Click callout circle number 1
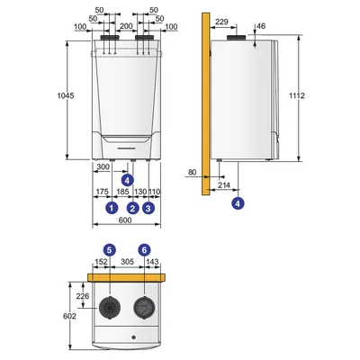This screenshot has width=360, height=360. (x=112, y=208)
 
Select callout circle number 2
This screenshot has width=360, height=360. (x=133, y=208)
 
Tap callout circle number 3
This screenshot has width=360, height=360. (x=148, y=208)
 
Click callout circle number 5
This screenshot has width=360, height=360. (x=109, y=248)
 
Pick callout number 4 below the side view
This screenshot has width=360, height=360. (x=238, y=203)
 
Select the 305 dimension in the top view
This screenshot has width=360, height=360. (x=129, y=262)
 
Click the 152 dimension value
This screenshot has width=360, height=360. (x=100, y=262)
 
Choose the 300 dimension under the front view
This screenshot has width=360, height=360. (x=103, y=166)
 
